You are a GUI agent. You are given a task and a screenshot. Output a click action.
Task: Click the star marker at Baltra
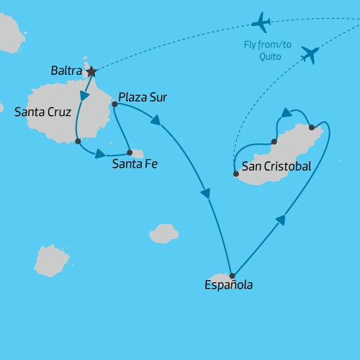click(x=91, y=71)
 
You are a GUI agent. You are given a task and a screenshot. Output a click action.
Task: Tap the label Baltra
click(x=66, y=71)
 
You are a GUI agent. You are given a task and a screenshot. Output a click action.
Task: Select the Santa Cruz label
click(x=42, y=112)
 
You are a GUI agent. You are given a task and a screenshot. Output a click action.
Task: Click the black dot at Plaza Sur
click(x=114, y=104)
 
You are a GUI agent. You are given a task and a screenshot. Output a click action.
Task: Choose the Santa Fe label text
click(x=135, y=164)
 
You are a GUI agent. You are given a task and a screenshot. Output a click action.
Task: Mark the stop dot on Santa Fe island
click(x=130, y=152)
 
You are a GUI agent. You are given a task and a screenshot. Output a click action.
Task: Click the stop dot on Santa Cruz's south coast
click(x=78, y=141)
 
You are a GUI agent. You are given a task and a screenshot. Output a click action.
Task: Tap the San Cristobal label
click(x=276, y=166)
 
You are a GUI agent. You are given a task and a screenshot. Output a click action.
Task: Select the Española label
click(x=228, y=285)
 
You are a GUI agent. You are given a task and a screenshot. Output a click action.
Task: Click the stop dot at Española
click(x=232, y=276)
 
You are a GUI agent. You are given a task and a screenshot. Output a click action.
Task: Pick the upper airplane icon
click(x=261, y=22)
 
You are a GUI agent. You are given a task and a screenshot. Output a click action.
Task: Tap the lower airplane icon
click(x=310, y=53)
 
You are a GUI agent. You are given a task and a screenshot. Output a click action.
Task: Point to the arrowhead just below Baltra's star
click(x=85, y=96)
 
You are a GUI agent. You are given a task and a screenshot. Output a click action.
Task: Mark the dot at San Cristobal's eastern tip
click(x=311, y=127)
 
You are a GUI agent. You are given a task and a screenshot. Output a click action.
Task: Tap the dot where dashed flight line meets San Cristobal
click(x=236, y=174)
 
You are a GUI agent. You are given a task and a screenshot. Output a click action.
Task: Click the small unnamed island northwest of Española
click(x=164, y=233)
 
